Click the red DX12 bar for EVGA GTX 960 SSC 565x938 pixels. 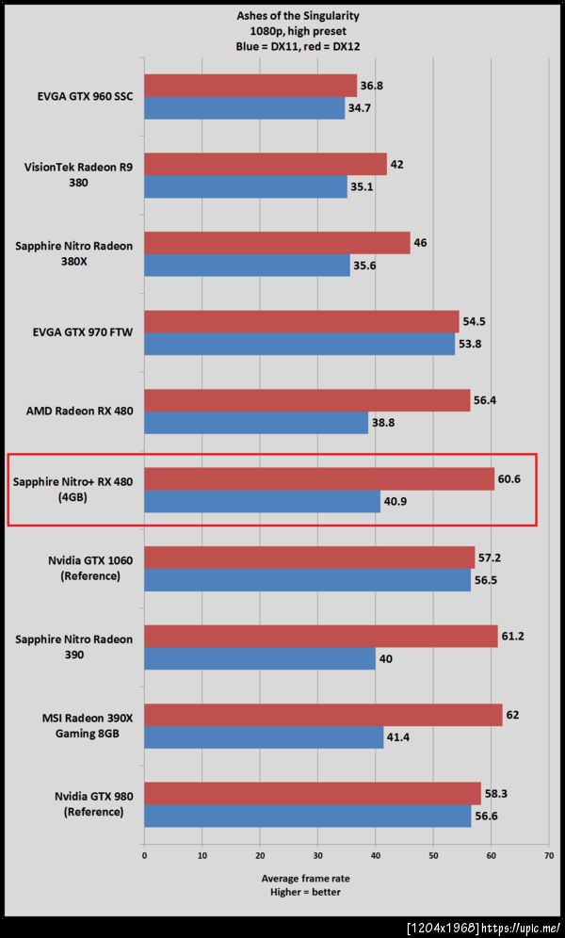tap(250, 86)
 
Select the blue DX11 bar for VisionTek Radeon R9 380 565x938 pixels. tap(246, 186)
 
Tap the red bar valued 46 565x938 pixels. tap(277, 243)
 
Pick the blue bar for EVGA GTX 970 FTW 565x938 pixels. tap(299, 344)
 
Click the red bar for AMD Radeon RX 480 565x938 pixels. tap(307, 400)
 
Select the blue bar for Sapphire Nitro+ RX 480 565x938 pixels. tap(262, 501)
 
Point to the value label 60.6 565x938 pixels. tap(509, 478)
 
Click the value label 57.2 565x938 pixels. tap(490, 558)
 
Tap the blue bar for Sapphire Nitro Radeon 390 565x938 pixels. tap(260, 658)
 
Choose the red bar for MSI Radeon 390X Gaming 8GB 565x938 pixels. tap(323, 715)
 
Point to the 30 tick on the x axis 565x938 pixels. tap(317, 855)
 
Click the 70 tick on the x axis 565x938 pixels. tap(548, 855)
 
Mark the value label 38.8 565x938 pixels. tap(384, 423)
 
